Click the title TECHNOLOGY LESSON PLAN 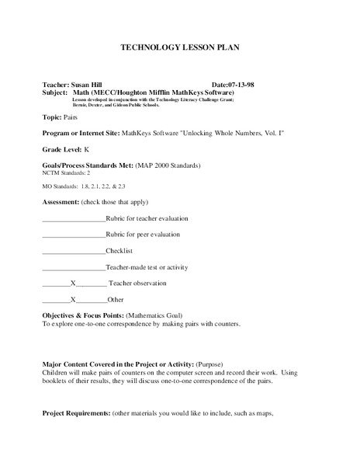180,47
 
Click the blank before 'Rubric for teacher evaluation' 73,220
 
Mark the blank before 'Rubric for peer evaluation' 73,235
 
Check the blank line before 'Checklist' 73,252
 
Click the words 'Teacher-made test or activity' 147,266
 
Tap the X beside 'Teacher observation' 73,283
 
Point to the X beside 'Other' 73,299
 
